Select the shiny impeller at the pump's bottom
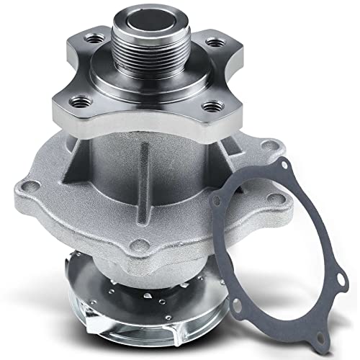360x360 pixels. click(x=166, y=288)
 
